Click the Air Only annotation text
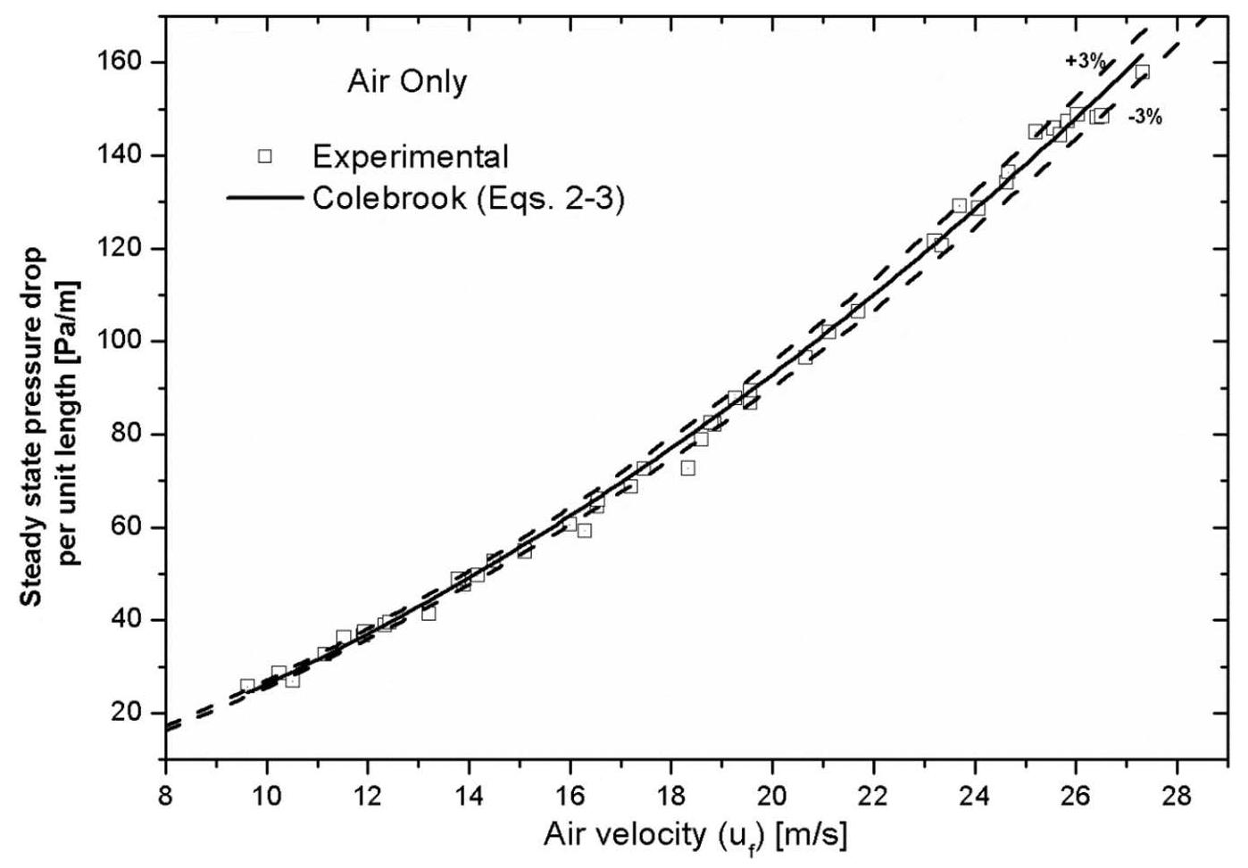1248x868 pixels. [x=407, y=82]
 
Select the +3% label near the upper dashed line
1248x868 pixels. [x=1085, y=62]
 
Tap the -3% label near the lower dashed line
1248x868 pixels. [x=1145, y=117]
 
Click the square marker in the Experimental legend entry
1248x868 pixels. [x=264, y=157]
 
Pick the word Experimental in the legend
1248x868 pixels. [x=410, y=157]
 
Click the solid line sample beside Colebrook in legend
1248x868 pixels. [x=264, y=198]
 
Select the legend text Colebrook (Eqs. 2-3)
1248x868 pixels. [x=468, y=198]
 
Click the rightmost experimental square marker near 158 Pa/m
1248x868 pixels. [x=1142, y=71]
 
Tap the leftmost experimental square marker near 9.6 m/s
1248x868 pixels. [x=247, y=685]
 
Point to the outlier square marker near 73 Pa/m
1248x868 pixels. [x=687, y=467]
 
